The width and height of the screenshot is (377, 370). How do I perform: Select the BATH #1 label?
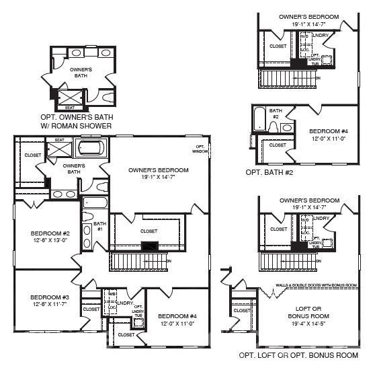[x=99, y=226]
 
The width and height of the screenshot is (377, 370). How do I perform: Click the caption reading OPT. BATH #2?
[x=269, y=172]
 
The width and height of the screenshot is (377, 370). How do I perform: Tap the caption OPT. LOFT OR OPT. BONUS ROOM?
[x=298, y=355]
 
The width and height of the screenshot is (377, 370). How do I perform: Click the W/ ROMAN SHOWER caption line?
[x=81, y=123]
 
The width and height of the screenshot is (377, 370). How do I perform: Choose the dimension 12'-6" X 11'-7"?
[x=49, y=305]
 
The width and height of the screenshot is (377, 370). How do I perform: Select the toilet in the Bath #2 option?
[x=274, y=126]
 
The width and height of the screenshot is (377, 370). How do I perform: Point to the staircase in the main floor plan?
[x=137, y=260]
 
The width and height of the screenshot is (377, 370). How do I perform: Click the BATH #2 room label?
[x=276, y=112]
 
